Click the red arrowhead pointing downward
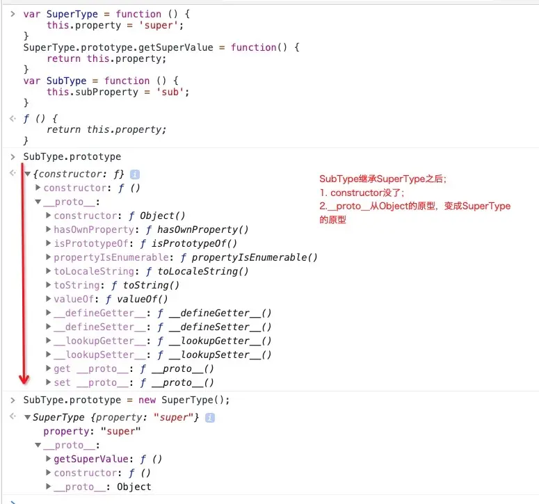(x=24, y=379)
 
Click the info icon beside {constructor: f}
(x=135, y=174)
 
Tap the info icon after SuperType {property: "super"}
(x=210, y=417)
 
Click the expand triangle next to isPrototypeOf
(x=48, y=243)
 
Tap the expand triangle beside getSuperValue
(x=48, y=459)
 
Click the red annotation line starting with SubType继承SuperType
(x=383, y=179)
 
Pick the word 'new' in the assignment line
(x=147, y=400)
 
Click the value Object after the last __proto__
(x=134, y=487)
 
